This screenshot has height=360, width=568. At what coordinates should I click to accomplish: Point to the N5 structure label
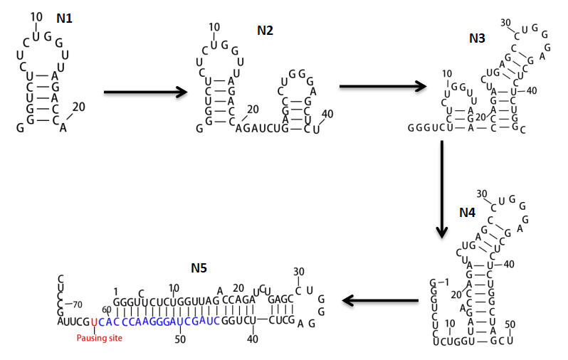[x=199, y=269]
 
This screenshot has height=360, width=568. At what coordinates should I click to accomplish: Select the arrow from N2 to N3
[x=382, y=86]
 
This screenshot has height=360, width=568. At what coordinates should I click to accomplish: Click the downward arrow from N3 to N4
[x=441, y=189]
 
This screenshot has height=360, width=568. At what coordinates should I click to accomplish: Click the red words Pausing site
[x=100, y=338]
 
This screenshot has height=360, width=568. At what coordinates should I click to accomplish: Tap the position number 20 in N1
[x=78, y=107]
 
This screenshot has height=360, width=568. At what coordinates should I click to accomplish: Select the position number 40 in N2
[x=327, y=114]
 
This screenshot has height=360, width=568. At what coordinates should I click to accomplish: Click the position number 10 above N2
[x=214, y=28]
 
